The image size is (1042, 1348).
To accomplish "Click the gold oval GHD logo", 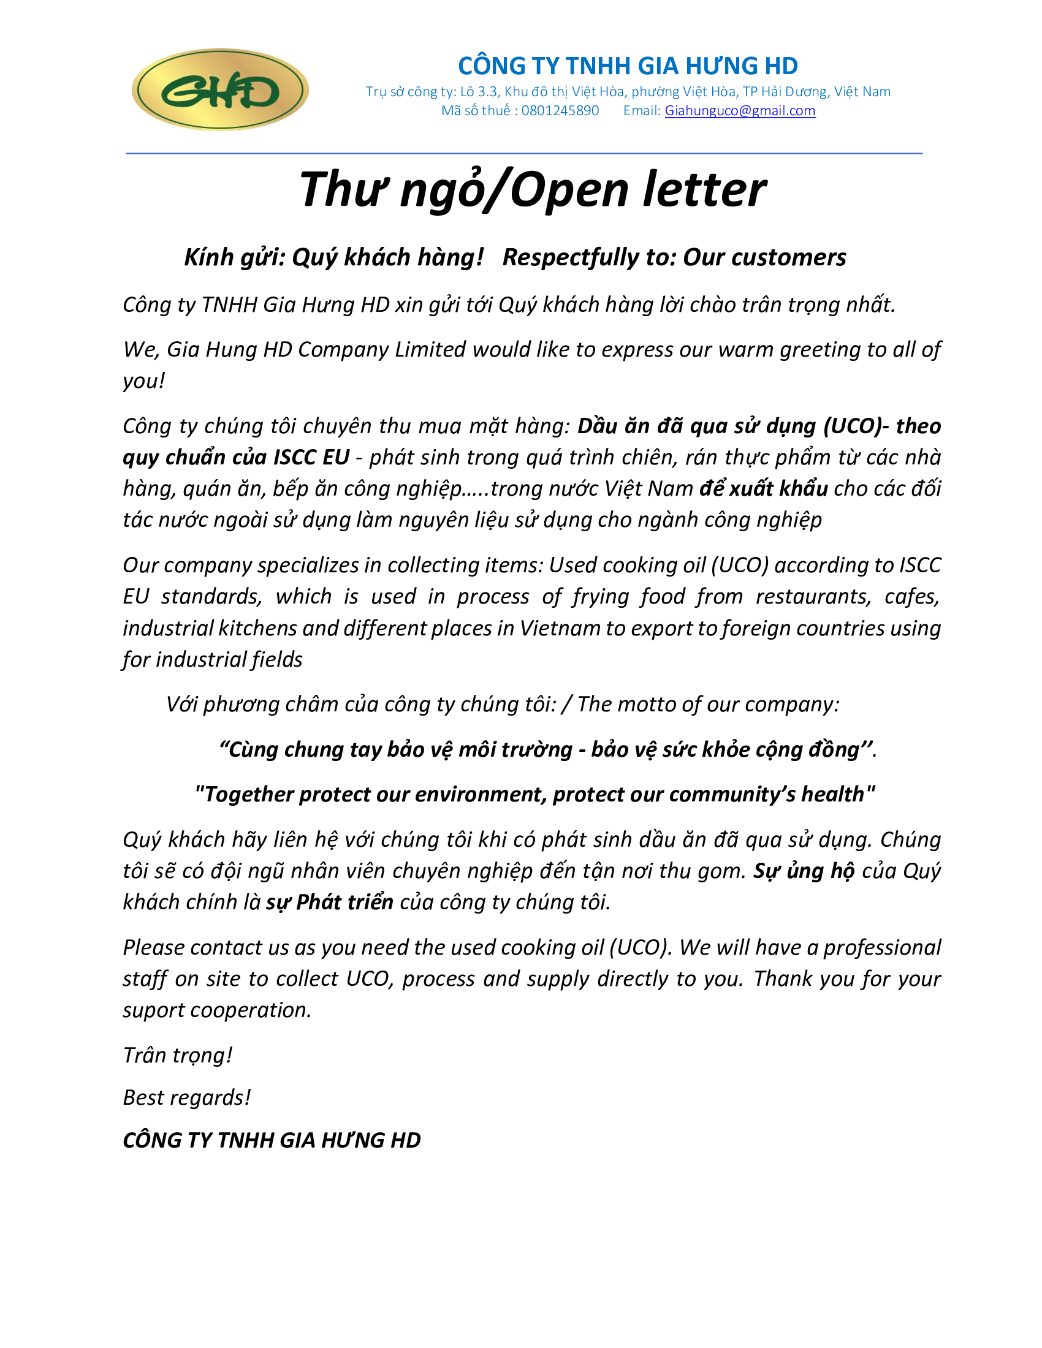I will tap(220, 90).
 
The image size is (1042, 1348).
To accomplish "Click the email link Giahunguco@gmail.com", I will tap(740, 110).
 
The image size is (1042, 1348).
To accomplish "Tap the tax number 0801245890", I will tap(560, 110).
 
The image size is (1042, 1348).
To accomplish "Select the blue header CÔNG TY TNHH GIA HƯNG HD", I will tap(628, 66).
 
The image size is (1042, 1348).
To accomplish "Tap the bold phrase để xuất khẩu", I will tap(763, 489).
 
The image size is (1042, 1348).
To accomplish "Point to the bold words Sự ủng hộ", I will tap(804, 871).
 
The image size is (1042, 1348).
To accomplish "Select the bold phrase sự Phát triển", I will tap(330, 903).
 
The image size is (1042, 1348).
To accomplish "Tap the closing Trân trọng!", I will tap(178, 1056).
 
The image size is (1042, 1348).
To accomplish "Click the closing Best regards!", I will tap(187, 1098).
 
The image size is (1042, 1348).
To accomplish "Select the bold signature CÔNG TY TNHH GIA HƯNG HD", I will tap(272, 1141).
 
